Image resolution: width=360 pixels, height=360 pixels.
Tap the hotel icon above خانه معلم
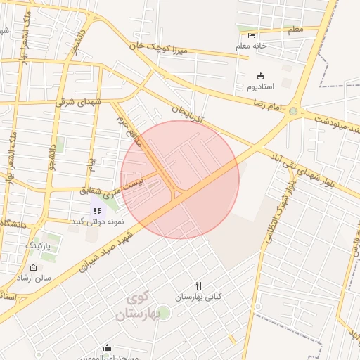coord(252,36)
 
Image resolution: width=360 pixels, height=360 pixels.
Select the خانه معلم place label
coord(252,46)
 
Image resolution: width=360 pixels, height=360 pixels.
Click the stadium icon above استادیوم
coord(261,76)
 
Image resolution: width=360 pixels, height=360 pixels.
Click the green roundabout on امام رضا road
coord(292,111)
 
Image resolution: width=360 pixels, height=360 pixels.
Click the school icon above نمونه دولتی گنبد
coord(96,210)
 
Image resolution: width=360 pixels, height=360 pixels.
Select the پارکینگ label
coord(39,245)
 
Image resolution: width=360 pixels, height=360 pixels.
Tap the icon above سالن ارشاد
coord(34,267)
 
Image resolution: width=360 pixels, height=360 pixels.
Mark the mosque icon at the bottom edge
coord(107,347)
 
